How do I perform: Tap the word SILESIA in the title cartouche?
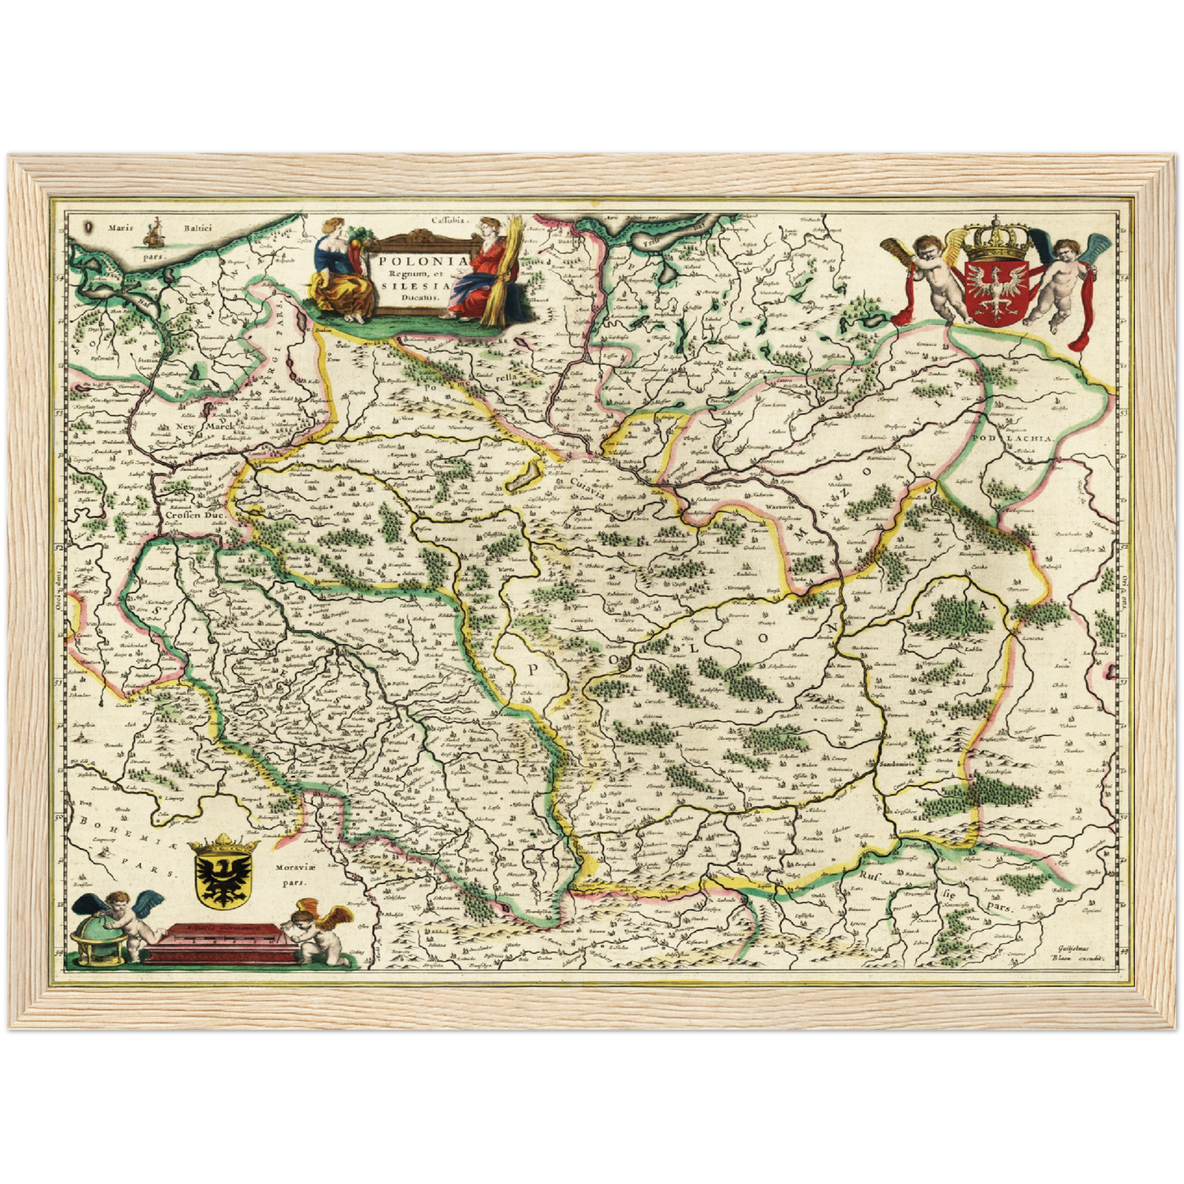coord(414,286)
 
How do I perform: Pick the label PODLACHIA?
coord(1021,438)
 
